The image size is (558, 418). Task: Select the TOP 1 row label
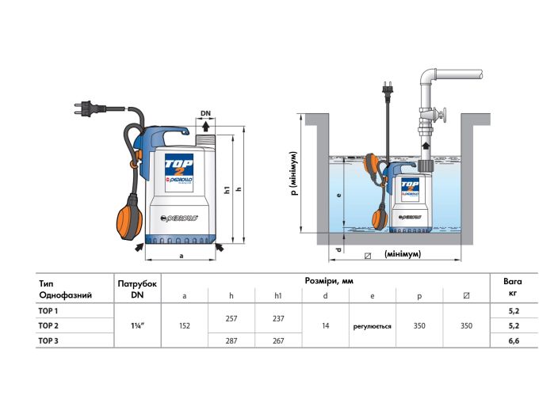(x=49, y=311)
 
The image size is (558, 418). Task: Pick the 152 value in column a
(x=184, y=325)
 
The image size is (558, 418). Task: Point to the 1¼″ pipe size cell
(x=137, y=325)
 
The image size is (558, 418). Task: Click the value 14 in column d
(x=325, y=325)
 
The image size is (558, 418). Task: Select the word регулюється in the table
(x=372, y=325)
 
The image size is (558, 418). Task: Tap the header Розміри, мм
(x=326, y=281)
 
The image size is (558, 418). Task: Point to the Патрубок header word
(x=137, y=282)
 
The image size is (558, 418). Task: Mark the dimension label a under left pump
(x=182, y=256)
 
